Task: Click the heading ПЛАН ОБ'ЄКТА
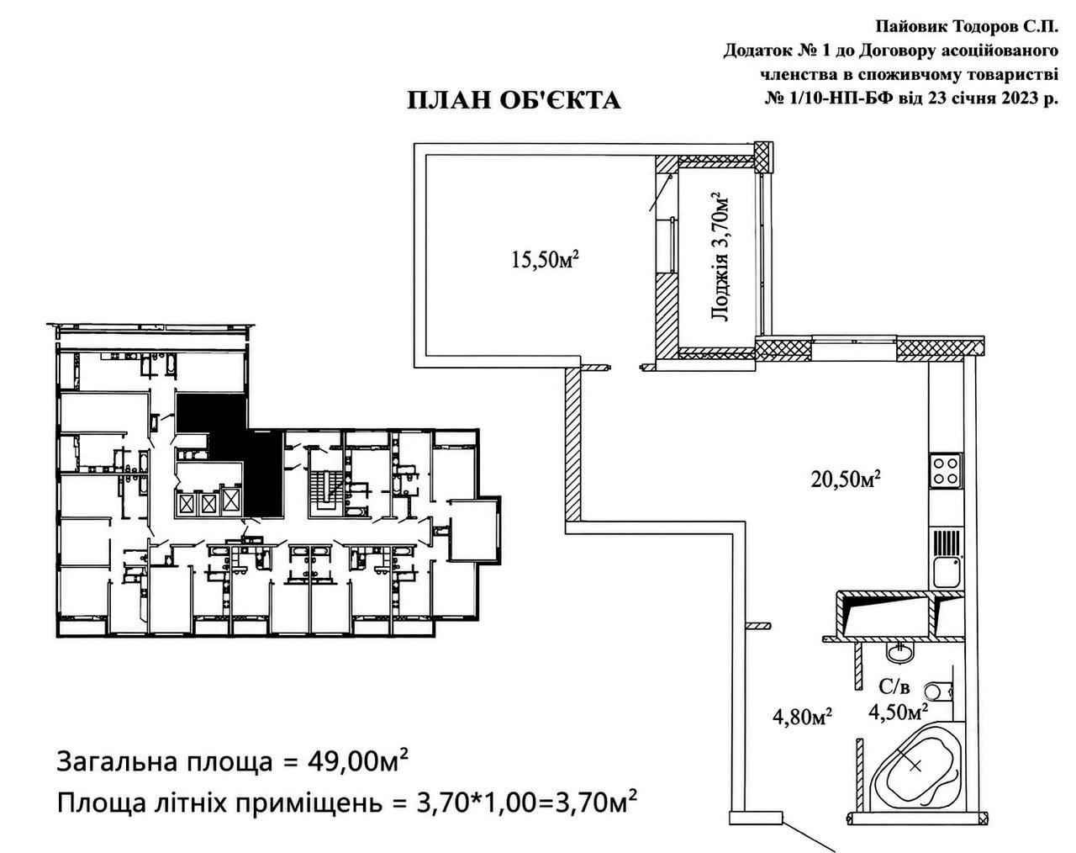[514, 101]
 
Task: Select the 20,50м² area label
[846, 479]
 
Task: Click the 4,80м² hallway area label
[802, 717]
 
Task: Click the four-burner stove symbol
[946, 470]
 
